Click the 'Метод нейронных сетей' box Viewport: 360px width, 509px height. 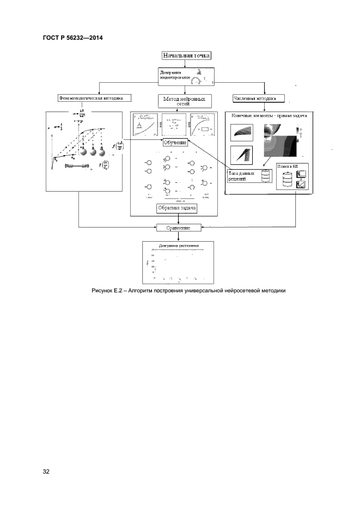pos(185,102)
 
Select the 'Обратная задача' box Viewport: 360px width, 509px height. pos(176,207)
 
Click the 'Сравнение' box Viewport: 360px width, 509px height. pos(178,228)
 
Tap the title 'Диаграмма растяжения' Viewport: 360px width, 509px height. pos(179,246)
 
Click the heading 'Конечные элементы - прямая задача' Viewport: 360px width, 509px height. pos(269,115)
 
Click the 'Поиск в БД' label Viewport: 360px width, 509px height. pos(286,167)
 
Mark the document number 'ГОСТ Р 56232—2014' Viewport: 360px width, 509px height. pos(72,37)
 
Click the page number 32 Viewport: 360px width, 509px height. pos(46,471)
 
